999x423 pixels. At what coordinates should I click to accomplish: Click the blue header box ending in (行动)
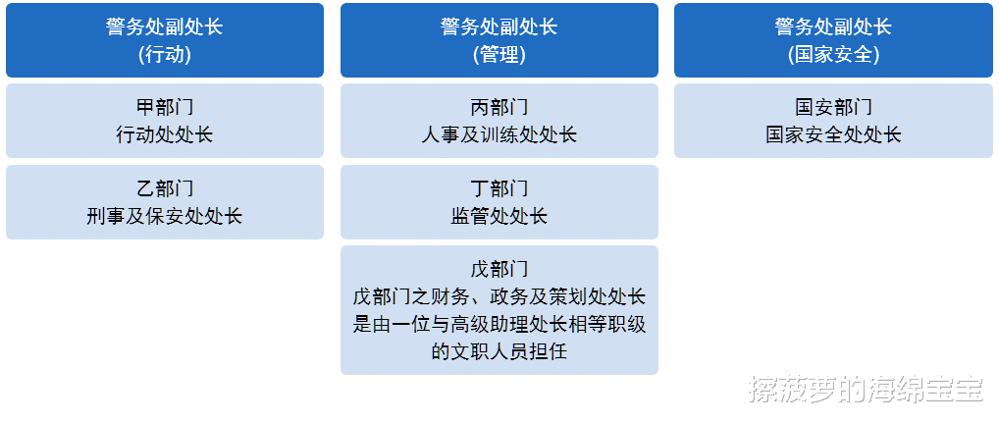[x=165, y=40]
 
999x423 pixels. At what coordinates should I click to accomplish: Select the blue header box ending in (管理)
[x=499, y=40]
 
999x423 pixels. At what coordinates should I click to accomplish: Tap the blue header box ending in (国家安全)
[x=833, y=40]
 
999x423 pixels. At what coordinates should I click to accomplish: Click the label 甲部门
[x=165, y=106]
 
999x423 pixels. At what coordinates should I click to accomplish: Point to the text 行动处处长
[x=165, y=134]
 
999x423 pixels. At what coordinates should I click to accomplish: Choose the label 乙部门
[x=165, y=187]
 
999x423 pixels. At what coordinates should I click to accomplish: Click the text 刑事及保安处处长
[x=165, y=216]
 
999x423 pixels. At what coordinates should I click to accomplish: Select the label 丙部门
[x=499, y=106]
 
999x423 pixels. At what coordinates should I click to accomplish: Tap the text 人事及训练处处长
[x=499, y=134]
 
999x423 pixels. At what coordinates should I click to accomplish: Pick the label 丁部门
[x=499, y=187]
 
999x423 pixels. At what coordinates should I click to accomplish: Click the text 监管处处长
[x=499, y=216]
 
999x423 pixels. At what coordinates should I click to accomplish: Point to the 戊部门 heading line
[x=499, y=269]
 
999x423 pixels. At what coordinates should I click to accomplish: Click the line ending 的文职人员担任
[x=499, y=351]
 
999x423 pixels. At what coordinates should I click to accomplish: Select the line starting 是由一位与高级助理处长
[x=499, y=324]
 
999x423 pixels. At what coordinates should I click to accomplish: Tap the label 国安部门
[x=833, y=106]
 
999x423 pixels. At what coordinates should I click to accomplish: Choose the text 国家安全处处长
[x=833, y=134]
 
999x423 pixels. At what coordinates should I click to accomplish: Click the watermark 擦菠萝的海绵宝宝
[x=867, y=389]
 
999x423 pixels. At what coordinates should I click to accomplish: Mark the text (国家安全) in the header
[x=833, y=55]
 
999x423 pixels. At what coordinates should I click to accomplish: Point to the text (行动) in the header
[x=165, y=55]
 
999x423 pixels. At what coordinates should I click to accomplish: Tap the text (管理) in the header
[x=499, y=55]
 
